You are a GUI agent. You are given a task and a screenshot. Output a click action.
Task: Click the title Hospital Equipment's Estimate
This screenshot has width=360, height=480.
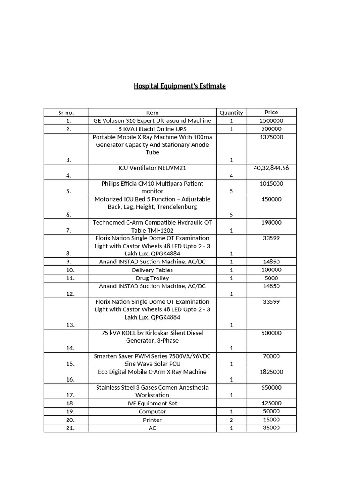(x=180, y=86)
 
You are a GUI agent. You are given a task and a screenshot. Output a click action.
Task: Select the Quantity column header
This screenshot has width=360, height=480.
(x=231, y=112)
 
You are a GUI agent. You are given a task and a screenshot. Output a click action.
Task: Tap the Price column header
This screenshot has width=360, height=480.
(x=271, y=112)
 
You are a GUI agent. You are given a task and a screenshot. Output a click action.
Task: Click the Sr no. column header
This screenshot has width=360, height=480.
(x=66, y=112)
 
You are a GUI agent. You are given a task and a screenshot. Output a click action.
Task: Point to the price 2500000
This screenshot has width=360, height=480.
(x=271, y=120)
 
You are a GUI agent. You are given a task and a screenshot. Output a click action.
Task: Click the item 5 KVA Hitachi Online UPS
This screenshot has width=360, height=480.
(x=152, y=129)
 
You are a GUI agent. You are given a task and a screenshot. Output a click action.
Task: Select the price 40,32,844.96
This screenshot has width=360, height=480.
(x=271, y=168)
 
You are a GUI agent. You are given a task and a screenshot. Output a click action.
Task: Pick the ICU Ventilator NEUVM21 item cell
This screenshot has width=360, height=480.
(x=152, y=168)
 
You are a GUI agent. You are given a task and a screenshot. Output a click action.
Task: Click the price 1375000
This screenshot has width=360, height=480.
(x=271, y=137)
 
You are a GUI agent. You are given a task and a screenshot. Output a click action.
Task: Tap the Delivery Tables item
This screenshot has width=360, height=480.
(x=152, y=270)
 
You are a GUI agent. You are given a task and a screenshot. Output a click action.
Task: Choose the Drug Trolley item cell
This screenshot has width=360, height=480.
(x=152, y=278)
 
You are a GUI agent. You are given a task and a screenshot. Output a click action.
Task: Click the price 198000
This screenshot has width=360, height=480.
(x=271, y=222)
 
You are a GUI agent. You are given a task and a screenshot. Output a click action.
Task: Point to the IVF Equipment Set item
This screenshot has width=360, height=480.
(x=152, y=403)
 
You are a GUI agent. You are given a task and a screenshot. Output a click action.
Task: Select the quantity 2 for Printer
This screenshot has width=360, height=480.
(x=231, y=420)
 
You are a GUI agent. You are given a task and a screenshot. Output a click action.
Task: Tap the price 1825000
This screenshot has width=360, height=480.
(x=271, y=372)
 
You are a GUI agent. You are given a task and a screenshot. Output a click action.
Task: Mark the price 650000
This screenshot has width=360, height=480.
(x=271, y=387)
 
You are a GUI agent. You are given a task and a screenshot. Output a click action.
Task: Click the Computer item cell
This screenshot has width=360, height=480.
(x=152, y=412)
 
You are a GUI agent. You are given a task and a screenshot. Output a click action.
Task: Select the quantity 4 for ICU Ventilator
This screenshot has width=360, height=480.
(x=231, y=176)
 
